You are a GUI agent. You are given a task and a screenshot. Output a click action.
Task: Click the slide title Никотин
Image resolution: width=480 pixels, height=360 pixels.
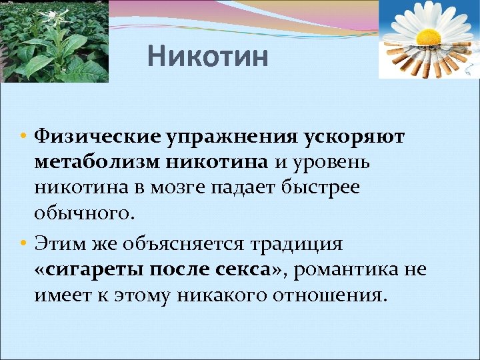(208, 57)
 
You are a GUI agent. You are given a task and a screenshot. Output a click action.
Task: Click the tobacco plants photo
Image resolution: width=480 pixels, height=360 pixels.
(54, 41)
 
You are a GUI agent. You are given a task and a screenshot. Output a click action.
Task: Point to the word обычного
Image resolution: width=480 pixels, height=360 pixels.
(85, 213)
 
